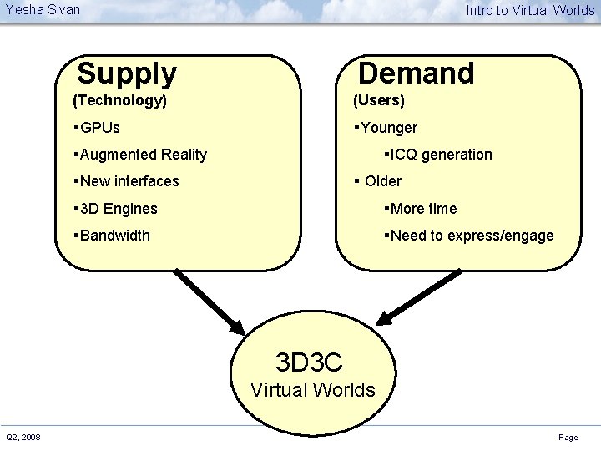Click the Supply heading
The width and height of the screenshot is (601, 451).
point(127,73)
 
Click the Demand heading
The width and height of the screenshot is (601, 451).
point(416,73)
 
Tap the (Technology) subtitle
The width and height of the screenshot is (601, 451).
point(120,101)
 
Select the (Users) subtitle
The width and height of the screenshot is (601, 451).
point(378,101)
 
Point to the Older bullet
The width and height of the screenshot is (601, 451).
point(380,181)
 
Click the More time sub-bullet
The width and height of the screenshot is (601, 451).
point(422,209)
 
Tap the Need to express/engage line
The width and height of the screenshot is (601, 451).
point(470,236)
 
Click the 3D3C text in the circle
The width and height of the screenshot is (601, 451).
point(309,362)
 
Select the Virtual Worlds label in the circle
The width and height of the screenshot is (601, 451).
point(312,390)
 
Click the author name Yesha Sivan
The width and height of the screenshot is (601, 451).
point(43,10)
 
